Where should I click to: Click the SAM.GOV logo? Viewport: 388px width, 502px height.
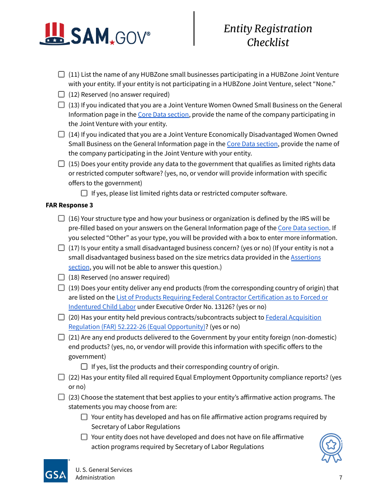[95, 34]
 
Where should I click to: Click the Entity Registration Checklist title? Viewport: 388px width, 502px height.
[268, 35]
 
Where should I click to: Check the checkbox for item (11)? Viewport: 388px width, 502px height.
[61, 74]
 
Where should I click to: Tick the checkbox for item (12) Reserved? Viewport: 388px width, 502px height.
[61, 94]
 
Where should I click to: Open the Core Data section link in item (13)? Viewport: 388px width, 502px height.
[163, 115]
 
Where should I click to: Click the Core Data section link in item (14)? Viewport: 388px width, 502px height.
[252, 144]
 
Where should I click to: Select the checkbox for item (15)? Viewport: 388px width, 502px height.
[61, 164]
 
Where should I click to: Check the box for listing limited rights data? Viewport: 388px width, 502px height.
[84, 193]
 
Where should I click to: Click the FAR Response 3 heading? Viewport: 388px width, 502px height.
[69, 205]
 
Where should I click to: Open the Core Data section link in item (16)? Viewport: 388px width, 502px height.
[303, 228]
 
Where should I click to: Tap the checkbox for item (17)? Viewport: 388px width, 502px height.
[61, 248]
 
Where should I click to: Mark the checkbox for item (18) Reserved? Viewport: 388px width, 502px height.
[61, 277]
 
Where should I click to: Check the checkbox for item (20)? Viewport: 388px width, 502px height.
[61, 317]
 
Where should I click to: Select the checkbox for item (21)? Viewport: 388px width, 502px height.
[61, 337]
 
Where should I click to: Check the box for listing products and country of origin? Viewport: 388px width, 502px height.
[84, 367]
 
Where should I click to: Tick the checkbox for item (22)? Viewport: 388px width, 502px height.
[61, 377]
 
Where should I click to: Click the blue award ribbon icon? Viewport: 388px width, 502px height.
[331, 448]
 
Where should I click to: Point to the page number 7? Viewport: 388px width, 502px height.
[341, 478]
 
